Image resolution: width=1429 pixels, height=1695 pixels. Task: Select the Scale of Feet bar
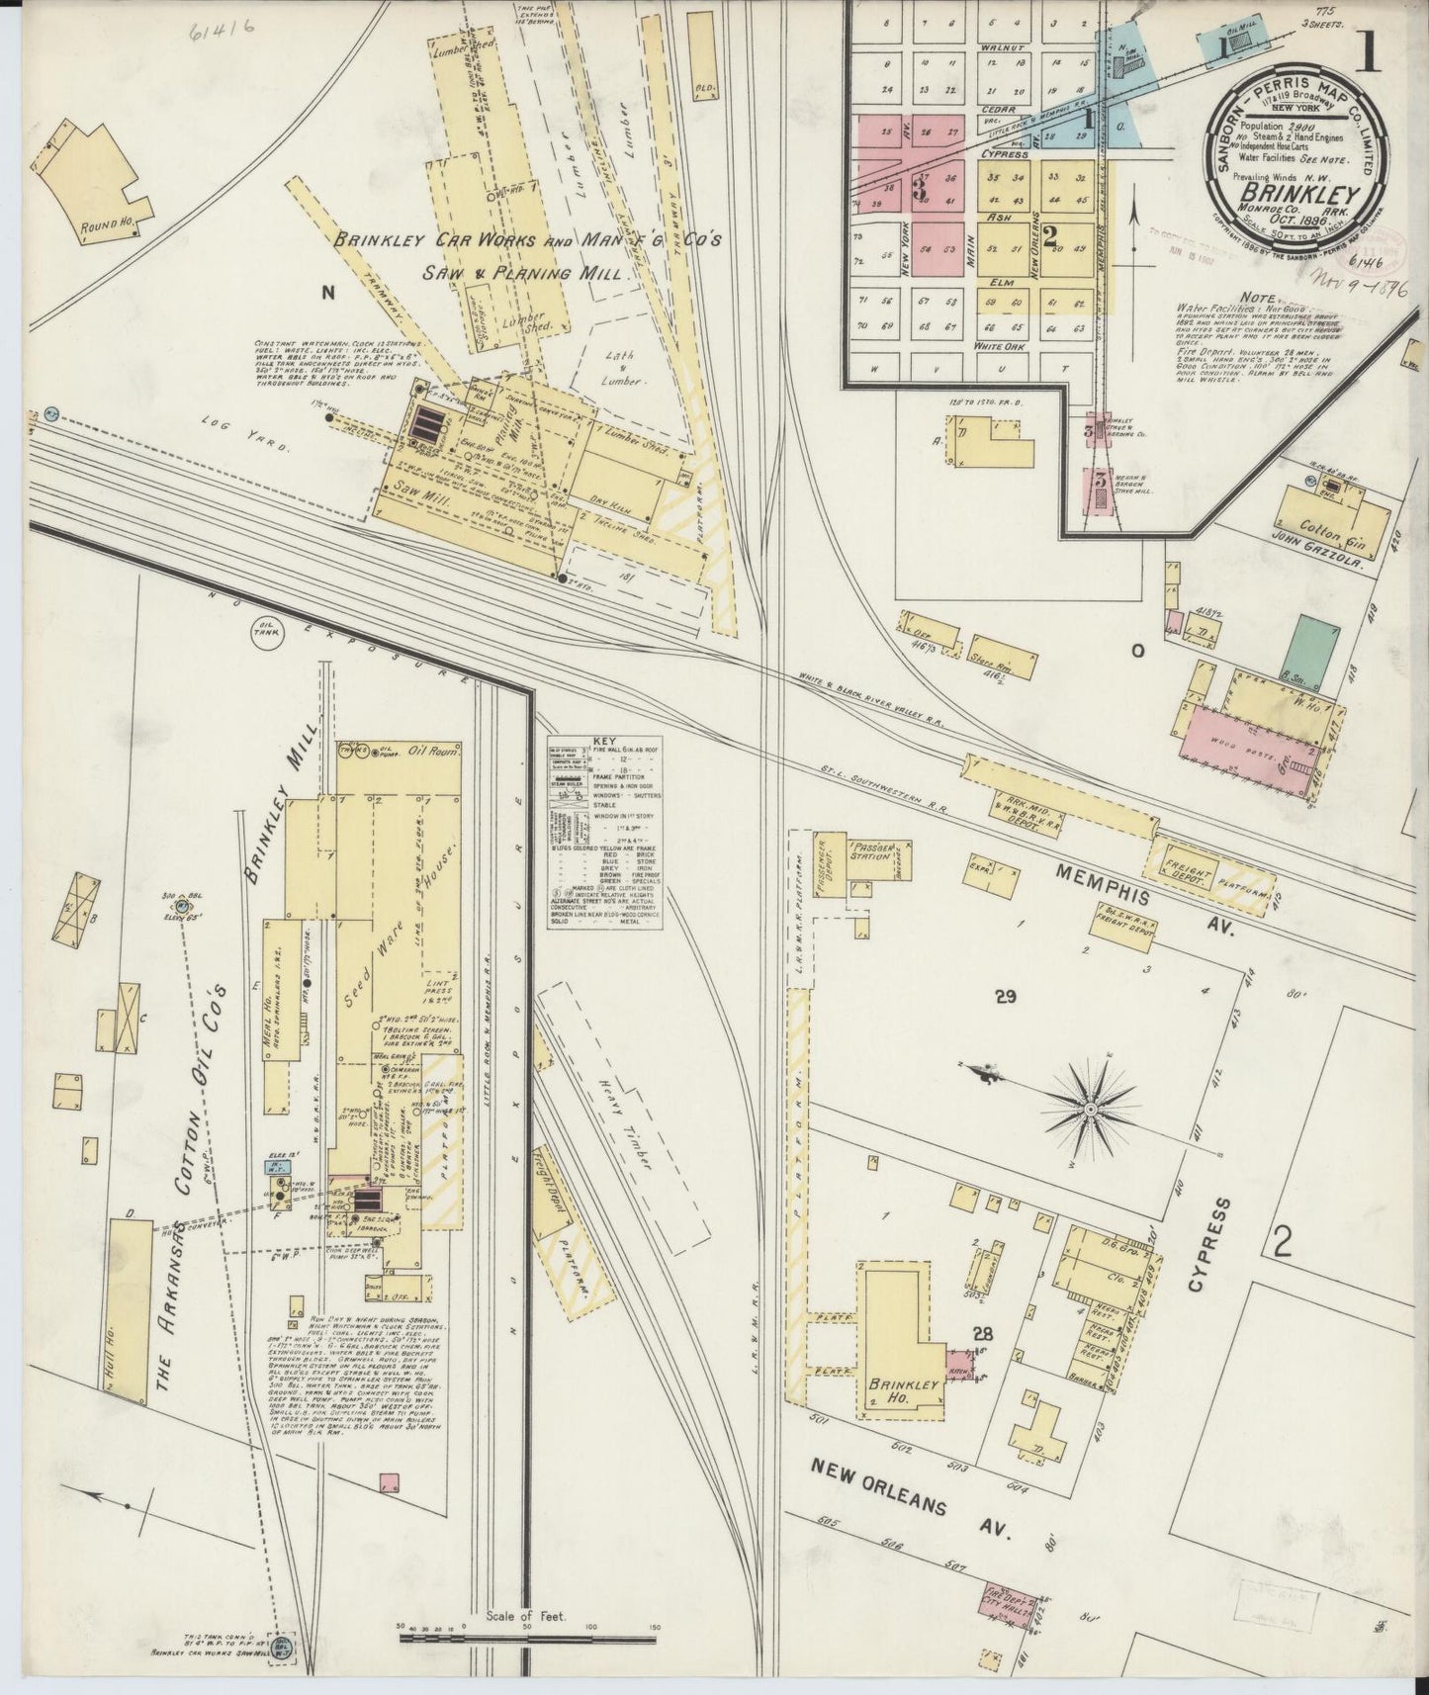click(x=530, y=1638)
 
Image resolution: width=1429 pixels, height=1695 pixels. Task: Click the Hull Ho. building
click(x=128, y=1307)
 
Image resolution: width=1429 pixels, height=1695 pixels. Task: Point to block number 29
click(x=1007, y=997)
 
